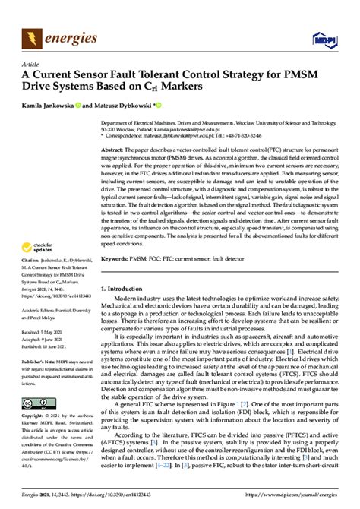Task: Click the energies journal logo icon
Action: (33, 36)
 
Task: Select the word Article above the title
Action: (32, 65)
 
